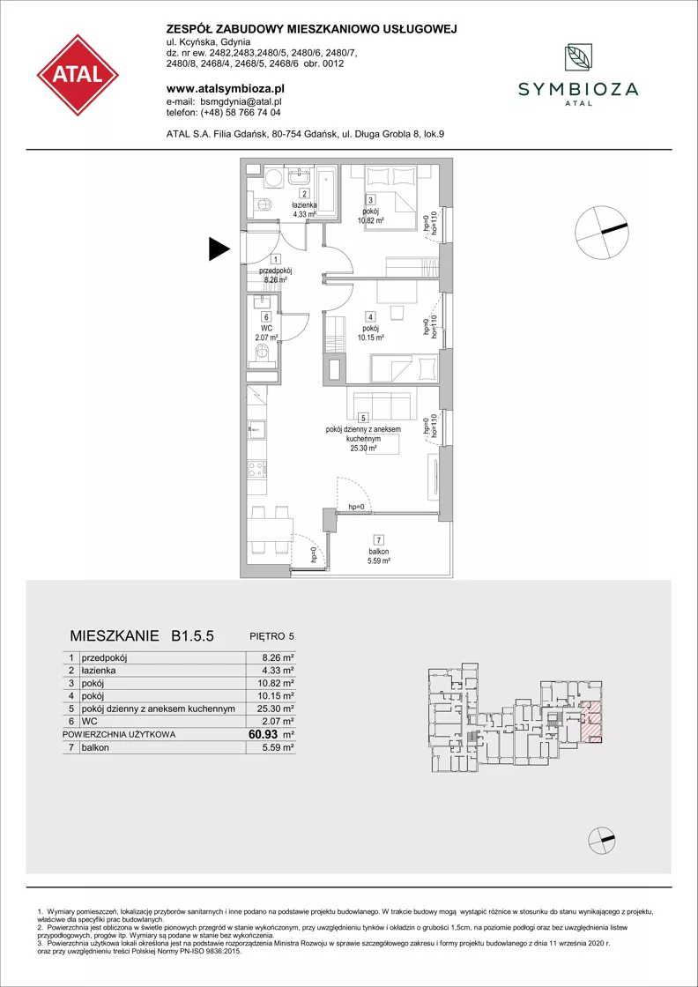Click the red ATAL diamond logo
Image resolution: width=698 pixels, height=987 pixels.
click(x=78, y=75)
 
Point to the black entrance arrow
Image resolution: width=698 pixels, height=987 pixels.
click(x=219, y=249)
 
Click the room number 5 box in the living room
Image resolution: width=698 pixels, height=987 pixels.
click(x=362, y=417)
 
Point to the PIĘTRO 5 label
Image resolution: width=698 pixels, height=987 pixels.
click(x=272, y=635)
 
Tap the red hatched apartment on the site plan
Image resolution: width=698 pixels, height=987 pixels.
click(x=590, y=720)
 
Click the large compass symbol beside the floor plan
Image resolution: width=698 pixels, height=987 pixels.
click(x=603, y=233)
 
